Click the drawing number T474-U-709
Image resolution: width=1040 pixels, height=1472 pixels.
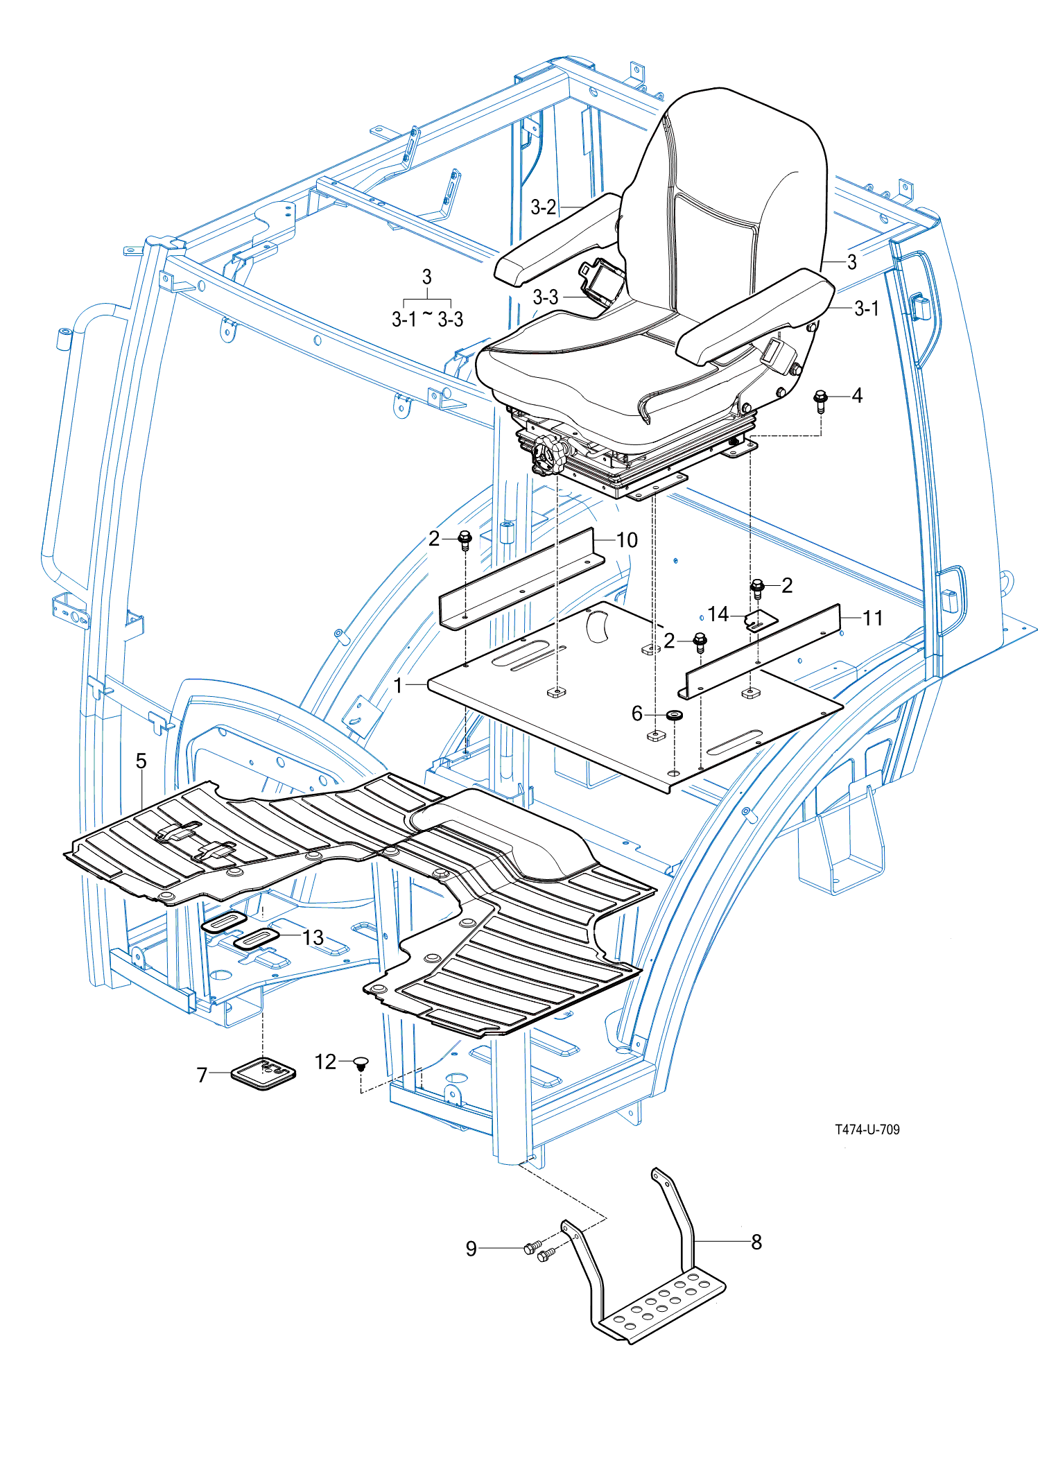coord(867,1129)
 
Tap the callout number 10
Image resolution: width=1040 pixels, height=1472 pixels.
coord(627,540)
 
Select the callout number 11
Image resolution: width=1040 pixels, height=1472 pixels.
coord(872,618)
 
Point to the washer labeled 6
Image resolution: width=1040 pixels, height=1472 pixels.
coord(673,714)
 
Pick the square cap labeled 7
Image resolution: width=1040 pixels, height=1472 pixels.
coord(263,1073)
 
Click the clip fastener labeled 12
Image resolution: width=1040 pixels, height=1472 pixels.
coord(360,1063)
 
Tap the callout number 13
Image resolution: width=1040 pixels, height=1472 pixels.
coord(313,937)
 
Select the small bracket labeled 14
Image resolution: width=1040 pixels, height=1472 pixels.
coord(761,620)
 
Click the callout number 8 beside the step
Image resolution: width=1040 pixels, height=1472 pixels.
coord(756,1242)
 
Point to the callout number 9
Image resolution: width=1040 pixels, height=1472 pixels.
coord(471,1249)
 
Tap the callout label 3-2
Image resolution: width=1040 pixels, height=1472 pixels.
coord(544,207)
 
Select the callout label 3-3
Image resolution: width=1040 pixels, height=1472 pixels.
coord(545,297)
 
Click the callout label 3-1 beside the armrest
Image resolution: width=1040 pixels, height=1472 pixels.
coord(867,309)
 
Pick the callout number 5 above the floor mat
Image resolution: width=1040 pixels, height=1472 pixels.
coord(141,761)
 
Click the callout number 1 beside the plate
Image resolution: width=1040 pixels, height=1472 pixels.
coord(398,685)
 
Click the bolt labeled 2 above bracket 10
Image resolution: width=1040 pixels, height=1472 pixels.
coord(465,540)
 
